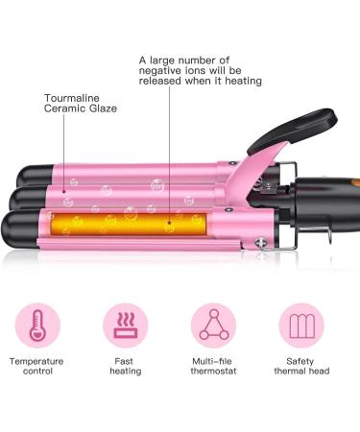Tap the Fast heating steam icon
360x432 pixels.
click(125, 326)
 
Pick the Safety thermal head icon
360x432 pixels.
click(300, 326)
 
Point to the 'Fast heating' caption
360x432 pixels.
click(125, 366)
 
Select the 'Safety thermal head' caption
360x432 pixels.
click(300, 366)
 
